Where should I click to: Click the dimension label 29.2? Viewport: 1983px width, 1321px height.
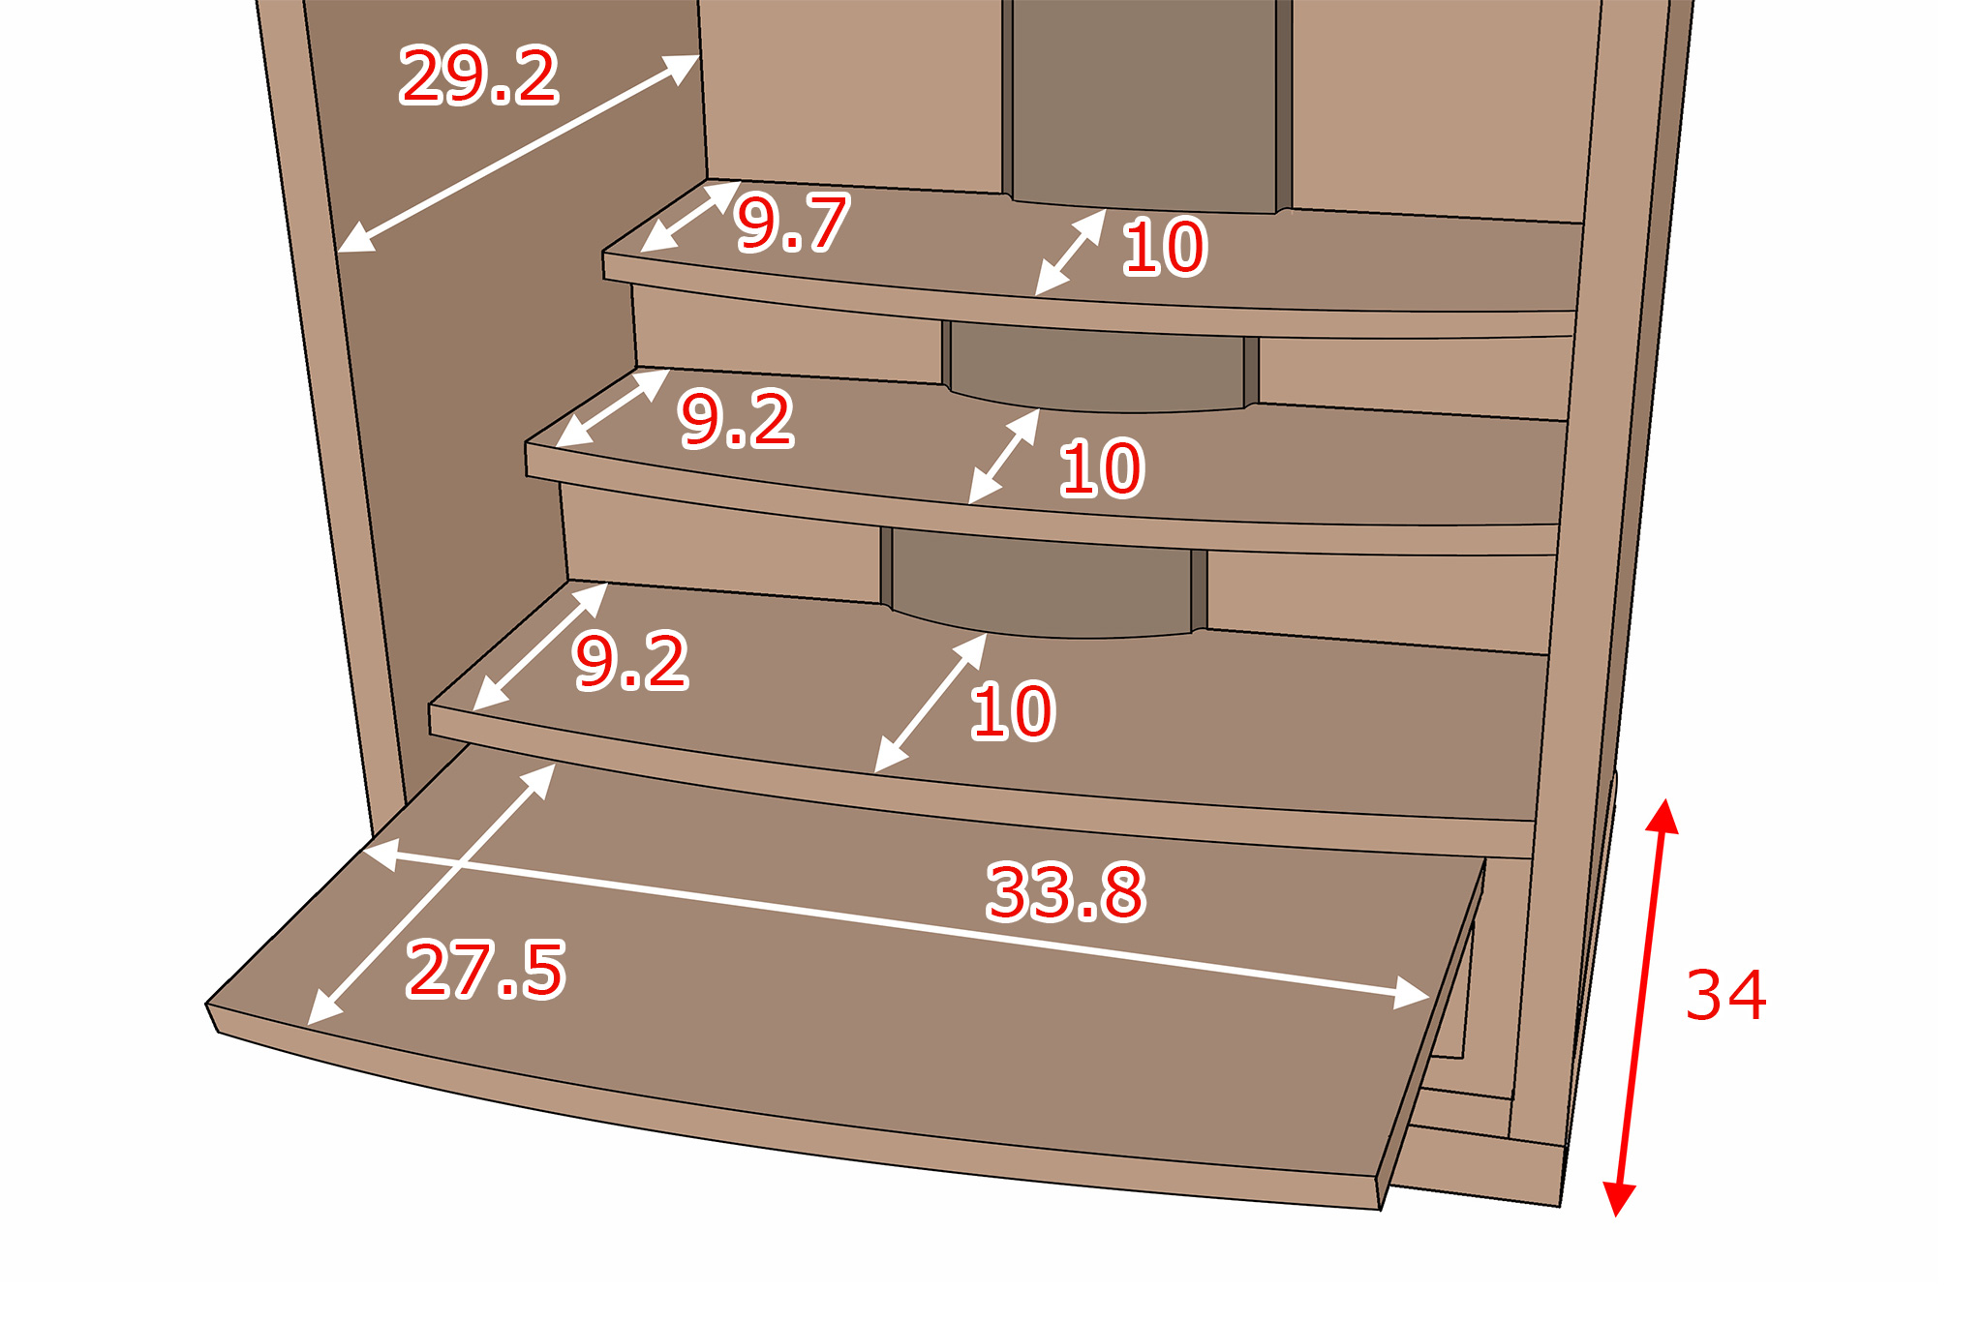coord(479,75)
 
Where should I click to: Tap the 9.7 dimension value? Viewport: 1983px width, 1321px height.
coord(792,223)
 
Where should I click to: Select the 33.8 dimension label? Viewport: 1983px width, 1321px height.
coord(1066,891)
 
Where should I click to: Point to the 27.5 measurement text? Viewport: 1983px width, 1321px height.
coord(486,969)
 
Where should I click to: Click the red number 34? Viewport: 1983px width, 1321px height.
coord(1725,995)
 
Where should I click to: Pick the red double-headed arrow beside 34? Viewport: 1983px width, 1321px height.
coord(1641,1006)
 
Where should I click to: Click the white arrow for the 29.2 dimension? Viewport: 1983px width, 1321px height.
coord(519,153)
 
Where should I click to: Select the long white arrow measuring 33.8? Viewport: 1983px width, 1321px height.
coord(896,924)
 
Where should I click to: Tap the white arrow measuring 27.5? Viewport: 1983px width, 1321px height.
coord(432,893)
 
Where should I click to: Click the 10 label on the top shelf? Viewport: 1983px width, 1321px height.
coord(1164,248)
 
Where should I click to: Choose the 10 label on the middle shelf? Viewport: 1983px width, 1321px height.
coord(1101,468)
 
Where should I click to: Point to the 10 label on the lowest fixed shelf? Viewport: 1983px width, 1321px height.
coord(1012,711)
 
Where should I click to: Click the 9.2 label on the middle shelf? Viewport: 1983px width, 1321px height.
coord(737,419)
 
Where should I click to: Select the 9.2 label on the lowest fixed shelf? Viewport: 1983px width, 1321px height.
coord(631,661)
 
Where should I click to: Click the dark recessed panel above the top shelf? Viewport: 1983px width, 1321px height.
coord(1144,105)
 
